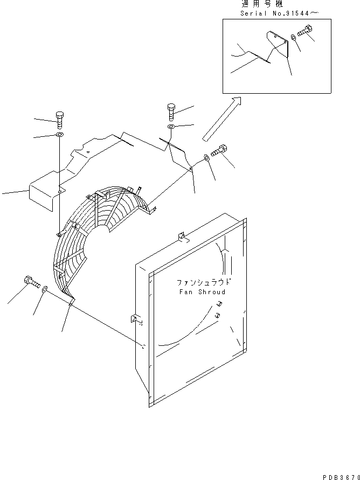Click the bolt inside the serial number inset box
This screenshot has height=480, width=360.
pyautogui.click(x=304, y=31)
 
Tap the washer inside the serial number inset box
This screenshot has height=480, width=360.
pyautogui.click(x=293, y=38)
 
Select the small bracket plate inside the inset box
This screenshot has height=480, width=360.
pyautogui.click(x=278, y=44)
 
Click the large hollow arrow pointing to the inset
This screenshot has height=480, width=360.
pyautogui.click(x=221, y=119)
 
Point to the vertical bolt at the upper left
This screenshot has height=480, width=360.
pyautogui.click(x=60, y=121)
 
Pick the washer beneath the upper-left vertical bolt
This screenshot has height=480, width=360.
pyautogui.click(x=59, y=135)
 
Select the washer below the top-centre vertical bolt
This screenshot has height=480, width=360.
pyautogui.click(x=171, y=127)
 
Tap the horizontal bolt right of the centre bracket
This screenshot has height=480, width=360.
pyautogui.click(x=219, y=150)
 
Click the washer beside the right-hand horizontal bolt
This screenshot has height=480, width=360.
pyautogui.click(x=206, y=158)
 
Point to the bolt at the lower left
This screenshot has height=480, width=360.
pyautogui.click(x=32, y=282)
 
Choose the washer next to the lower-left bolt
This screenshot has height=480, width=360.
pyautogui.click(x=45, y=288)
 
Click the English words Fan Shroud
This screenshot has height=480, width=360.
pyautogui.click(x=202, y=292)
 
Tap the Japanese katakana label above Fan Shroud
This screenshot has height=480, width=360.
pyautogui.click(x=203, y=282)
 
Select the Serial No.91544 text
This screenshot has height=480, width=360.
pyautogui.click(x=279, y=13)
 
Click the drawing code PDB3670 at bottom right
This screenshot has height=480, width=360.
pyautogui.click(x=341, y=477)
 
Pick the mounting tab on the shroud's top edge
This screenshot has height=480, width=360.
pyautogui.click(x=182, y=237)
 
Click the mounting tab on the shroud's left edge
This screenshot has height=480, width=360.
pyautogui.click(x=135, y=319)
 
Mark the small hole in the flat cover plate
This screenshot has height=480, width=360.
pyautogui.click(x=88, y=151)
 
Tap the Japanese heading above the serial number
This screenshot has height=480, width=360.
pyautogui.click(x=262, y=4)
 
